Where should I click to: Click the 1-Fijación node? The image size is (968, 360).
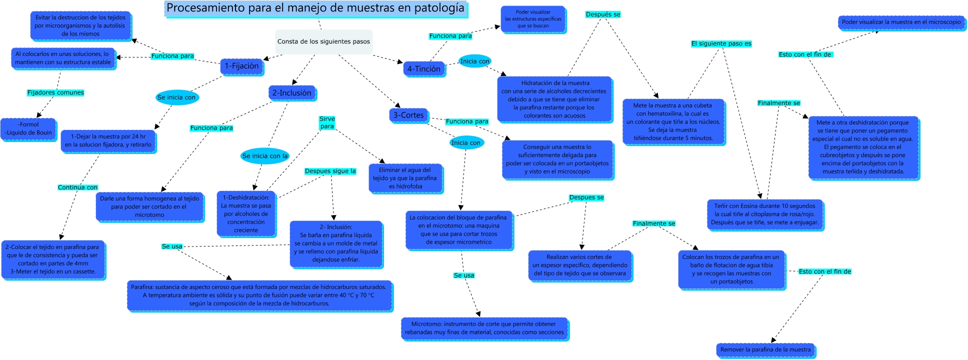[x=241, y=66]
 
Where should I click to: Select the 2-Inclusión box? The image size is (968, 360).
[x=291, y=93]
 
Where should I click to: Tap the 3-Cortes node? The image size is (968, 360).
[x=408, y=115]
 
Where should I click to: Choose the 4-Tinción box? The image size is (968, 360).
[x=423, y=69]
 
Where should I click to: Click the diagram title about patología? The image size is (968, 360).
[x=315, y=8]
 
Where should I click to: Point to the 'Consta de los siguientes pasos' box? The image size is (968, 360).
[x=323, y=41]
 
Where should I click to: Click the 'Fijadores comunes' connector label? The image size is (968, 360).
[x=55, y=92]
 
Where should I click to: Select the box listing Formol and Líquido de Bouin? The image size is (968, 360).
[x=28, y=129]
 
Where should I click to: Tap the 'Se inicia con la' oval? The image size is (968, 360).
[x=265, y=156]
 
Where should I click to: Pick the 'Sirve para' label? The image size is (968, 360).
[x=327, y=122]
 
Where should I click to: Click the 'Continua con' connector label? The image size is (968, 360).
[x=77, y=187]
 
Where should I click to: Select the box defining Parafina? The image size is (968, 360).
[x=259, y=295]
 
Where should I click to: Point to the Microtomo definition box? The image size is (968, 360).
[x=484, y=328]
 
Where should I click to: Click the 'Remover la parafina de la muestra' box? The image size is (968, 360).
[x=765, y=349]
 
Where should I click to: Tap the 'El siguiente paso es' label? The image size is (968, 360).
[x=721, y=43]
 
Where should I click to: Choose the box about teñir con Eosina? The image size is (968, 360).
[x=764, y=214]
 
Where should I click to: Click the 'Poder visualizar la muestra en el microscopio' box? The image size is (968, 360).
[x=901, y=22]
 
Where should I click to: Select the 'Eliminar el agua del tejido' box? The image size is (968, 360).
[x=405, y=178]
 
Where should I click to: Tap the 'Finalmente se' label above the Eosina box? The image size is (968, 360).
[x=778, y=103]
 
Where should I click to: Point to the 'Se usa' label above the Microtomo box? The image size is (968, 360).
[x=464, y=275]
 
